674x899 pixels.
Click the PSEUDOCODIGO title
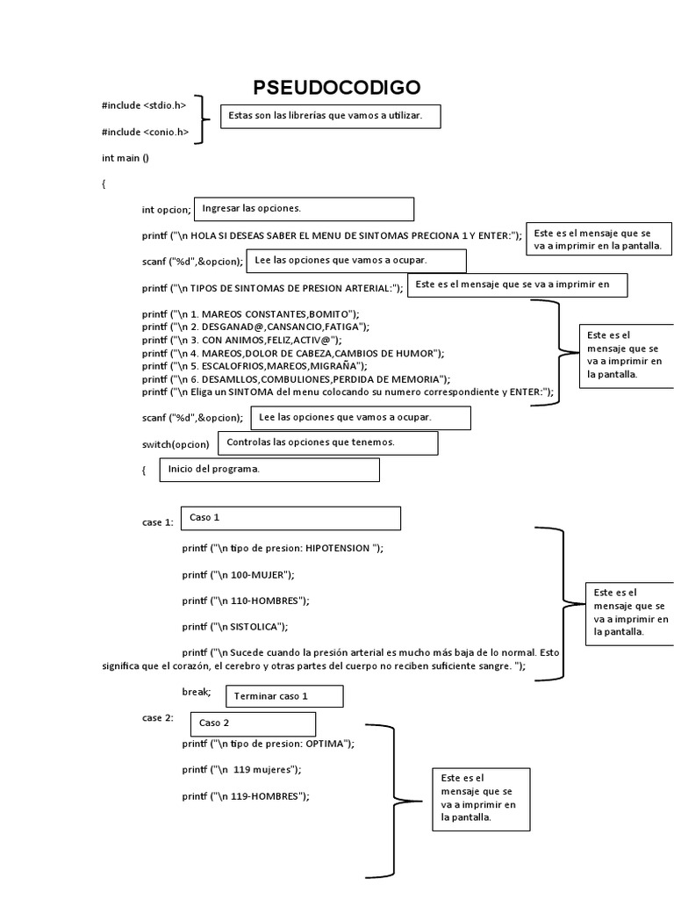(x=336, y=87)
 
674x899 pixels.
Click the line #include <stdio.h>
(x=144, y=105)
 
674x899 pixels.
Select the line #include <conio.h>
(x=145, y=132)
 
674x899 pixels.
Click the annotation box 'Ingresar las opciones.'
(x=303, y=209)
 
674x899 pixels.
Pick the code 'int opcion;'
(x=166, y=210)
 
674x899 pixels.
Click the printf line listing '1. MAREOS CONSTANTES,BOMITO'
(x=251, y=313)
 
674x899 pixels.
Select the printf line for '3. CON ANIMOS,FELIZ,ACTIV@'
(x=242, y=340)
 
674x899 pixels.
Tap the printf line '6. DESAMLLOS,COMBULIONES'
(x=297, y=378)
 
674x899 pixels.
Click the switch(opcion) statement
(x=176, y=444)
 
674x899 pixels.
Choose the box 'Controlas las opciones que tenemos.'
(x=327, y=442)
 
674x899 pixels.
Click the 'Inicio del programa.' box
(x=269, y=470)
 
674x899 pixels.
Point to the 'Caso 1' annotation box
(x=290, y=518)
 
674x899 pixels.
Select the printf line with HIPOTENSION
(x=283, y=548)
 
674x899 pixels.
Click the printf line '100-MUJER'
(x=239, y=574)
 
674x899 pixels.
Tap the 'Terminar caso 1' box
(x=284, y=696)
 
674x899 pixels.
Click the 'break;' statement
(x=197, y=692)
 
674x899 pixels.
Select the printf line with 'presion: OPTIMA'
(x=269, y=743)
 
